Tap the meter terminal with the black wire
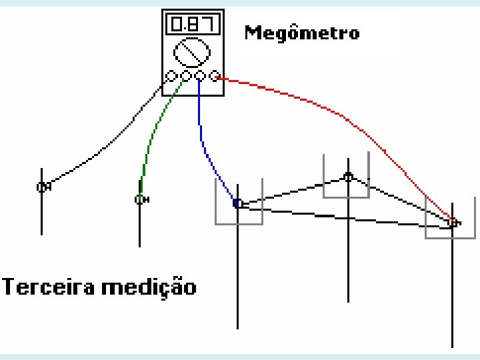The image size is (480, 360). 171,76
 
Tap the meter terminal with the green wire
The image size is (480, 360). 186,76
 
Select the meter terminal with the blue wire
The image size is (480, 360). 200,76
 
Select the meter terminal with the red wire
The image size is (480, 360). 214,76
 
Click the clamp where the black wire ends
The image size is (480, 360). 41,187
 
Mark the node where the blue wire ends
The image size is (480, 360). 237,203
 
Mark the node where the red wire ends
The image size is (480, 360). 453,222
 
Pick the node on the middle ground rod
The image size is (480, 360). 347,177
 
